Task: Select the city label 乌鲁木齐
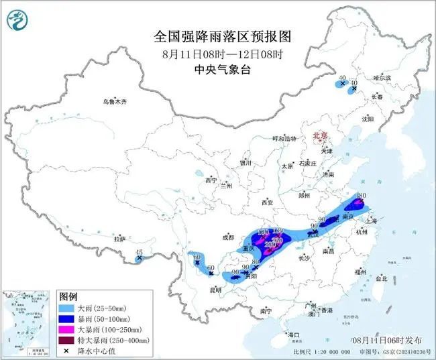coord(115,101)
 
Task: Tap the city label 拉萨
coord(119,238)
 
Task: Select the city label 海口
coord(292,333)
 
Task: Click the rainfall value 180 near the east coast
coord(360,196)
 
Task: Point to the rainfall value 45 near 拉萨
coord(140,253)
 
